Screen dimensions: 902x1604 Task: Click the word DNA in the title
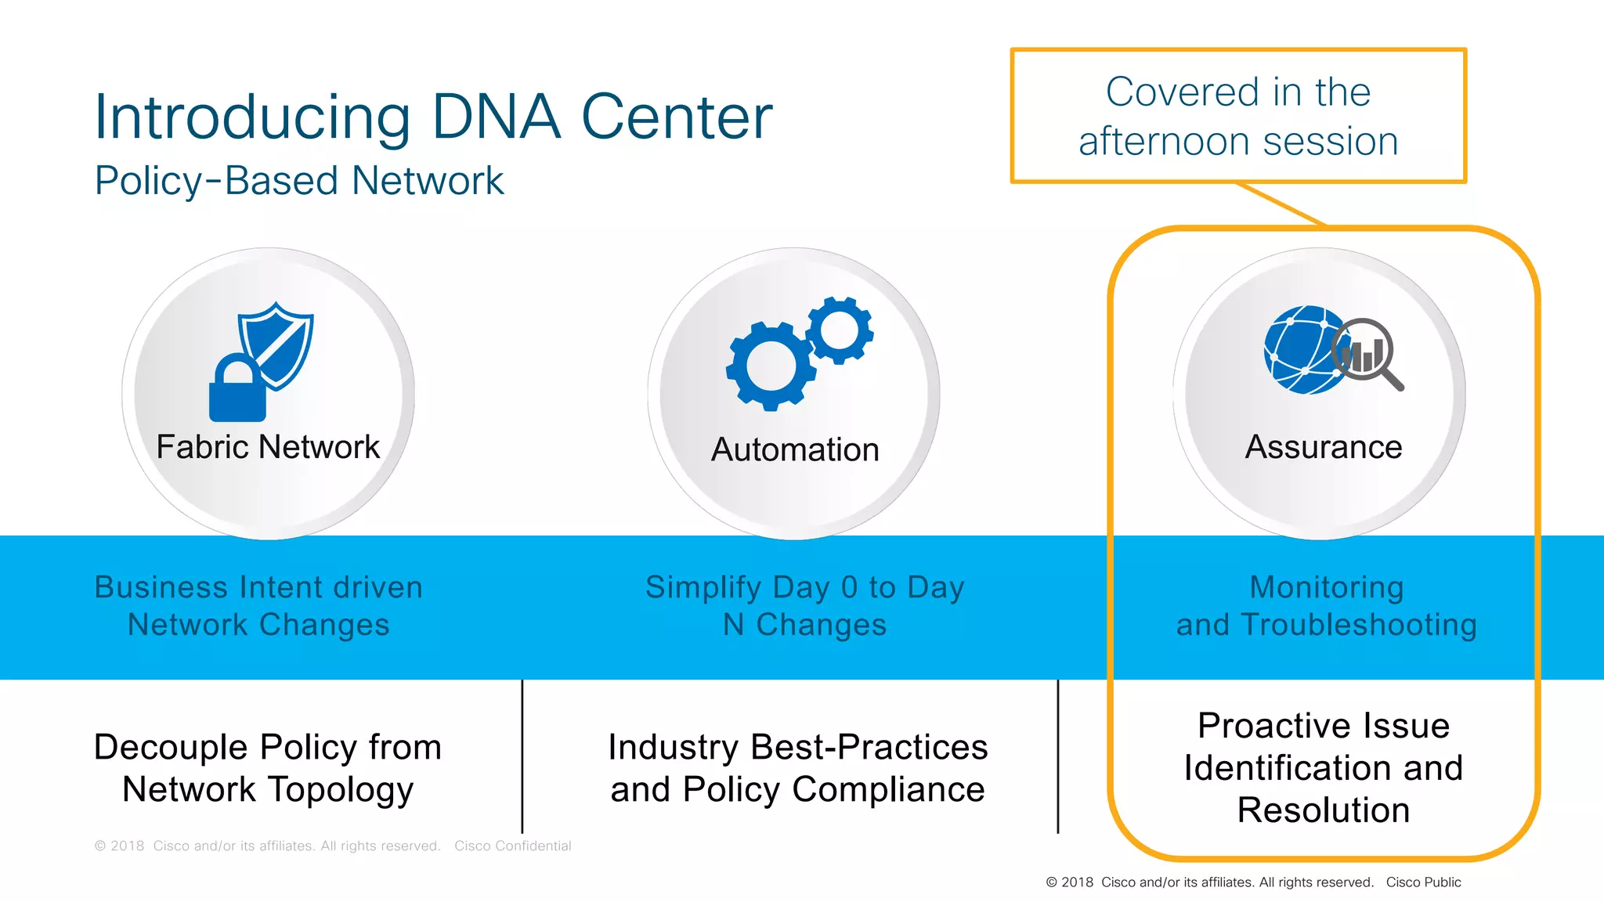click(x=496, y=117)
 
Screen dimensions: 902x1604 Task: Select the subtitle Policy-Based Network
click(x=298, y=181)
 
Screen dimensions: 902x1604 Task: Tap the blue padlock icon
click(x=237, y=391)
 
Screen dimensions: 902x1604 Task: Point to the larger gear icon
click(x=771, y=366)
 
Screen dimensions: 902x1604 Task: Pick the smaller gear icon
click(x=840, y=330)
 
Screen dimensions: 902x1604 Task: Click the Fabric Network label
click(x=268, y=447)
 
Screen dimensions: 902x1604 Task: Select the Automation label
click(x=795, y=450)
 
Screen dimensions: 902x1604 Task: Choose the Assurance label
click(x=1324, y=447)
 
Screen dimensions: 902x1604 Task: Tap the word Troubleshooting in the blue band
click(x=1359, y=625)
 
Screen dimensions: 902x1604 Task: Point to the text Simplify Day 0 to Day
click(x=804, y=587)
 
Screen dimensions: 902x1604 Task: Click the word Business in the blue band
click(x=161, y=587)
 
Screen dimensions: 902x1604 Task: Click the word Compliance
click(x=888, y=789)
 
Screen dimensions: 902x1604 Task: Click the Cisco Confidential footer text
click(x=512, y=846)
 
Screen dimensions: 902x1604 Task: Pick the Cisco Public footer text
click(x=1423, y=882)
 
